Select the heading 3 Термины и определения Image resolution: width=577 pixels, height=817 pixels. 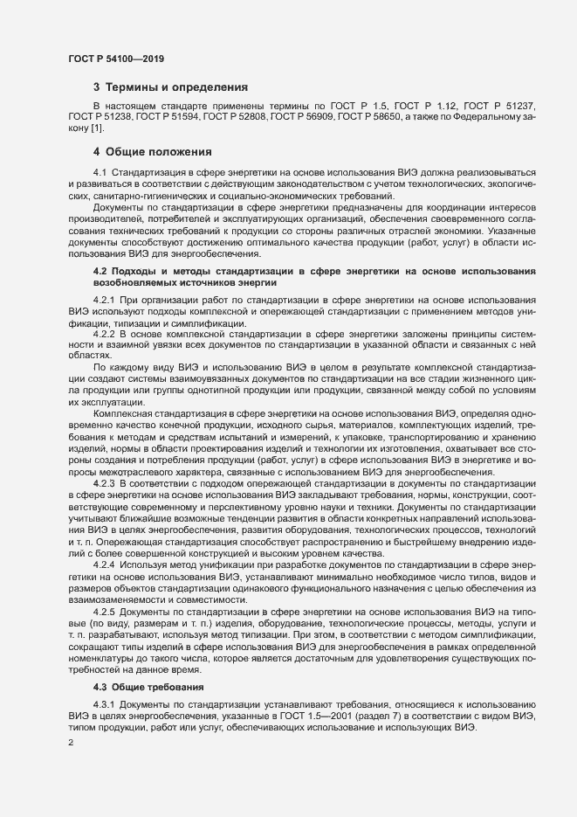tap(170, 87)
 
